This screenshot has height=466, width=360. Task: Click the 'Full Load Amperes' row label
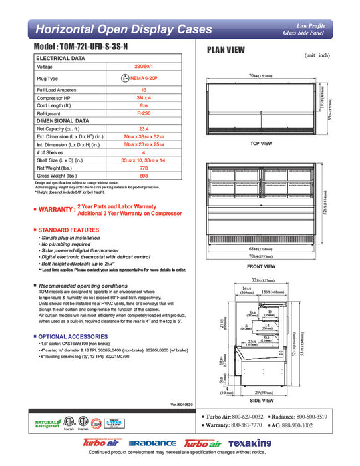56,89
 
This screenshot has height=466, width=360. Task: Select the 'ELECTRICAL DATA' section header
61,59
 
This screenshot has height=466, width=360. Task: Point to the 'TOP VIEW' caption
262,143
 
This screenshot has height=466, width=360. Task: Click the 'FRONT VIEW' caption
262,266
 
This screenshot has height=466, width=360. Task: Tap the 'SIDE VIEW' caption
262,401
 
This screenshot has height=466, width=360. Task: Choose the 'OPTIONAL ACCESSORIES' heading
70,336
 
